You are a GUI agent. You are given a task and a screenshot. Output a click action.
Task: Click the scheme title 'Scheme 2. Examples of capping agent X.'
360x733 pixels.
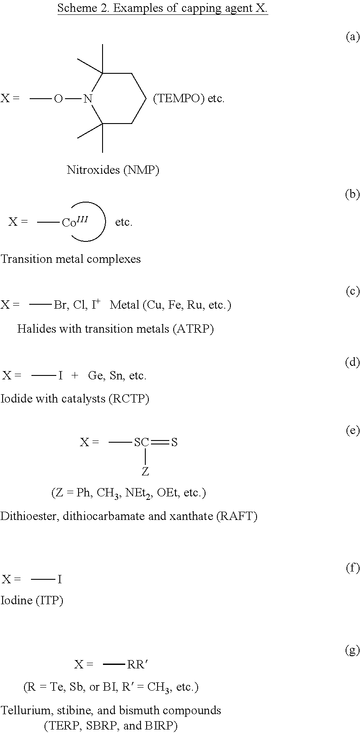162,8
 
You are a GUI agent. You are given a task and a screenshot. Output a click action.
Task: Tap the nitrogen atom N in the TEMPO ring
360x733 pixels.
88,99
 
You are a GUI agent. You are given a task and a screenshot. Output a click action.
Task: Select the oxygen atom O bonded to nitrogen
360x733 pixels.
58,99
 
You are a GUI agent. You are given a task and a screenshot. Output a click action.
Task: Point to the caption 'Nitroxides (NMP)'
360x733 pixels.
113,170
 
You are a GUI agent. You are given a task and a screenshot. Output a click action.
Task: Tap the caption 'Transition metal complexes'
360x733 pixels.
71,259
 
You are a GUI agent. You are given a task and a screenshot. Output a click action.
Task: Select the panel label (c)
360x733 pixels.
353,291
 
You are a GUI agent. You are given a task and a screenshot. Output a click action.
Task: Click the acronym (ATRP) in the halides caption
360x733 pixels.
193,329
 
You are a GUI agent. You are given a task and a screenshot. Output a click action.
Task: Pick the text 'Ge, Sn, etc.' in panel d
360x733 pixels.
117,375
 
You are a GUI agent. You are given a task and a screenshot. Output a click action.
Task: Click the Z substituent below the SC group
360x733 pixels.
145,471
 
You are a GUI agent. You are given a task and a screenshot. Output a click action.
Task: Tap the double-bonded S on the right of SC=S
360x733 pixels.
174,442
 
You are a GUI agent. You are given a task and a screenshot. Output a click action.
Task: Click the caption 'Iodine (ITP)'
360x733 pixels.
32,600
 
